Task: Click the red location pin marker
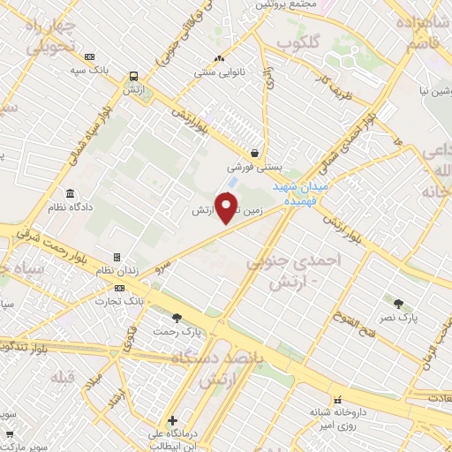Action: [x=228, y=207]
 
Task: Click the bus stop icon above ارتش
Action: [x=132, y=76]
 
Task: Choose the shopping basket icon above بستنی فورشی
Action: [x=254, y=153]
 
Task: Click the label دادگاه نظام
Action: [x=70, y=207]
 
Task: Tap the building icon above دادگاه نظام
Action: [x=70, y=193]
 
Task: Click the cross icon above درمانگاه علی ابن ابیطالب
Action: [x=173, y=420]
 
